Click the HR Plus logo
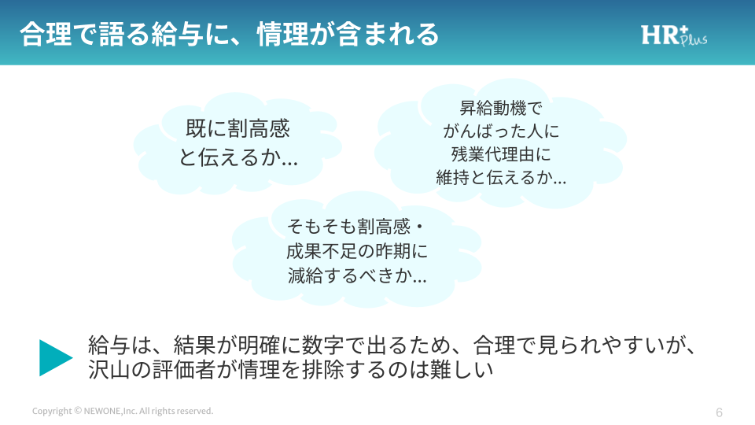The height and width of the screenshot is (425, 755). pos(674,35)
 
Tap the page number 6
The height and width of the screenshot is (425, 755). pos(719,412)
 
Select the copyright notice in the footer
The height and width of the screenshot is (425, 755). pos(123,411)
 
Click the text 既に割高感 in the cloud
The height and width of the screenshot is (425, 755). pos(238,128)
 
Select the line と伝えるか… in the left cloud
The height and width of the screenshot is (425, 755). pos(238,157)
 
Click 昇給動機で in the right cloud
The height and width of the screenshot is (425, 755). pos(501,108)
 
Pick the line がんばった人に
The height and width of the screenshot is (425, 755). pos(501,131)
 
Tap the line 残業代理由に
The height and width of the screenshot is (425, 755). pos(501,154)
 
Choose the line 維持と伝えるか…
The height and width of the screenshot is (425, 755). pos(501,177)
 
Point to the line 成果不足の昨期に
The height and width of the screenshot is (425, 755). pos(357,251)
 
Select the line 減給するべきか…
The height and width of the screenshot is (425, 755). pos(357,275)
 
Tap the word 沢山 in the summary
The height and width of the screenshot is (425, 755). pos(109,370)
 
